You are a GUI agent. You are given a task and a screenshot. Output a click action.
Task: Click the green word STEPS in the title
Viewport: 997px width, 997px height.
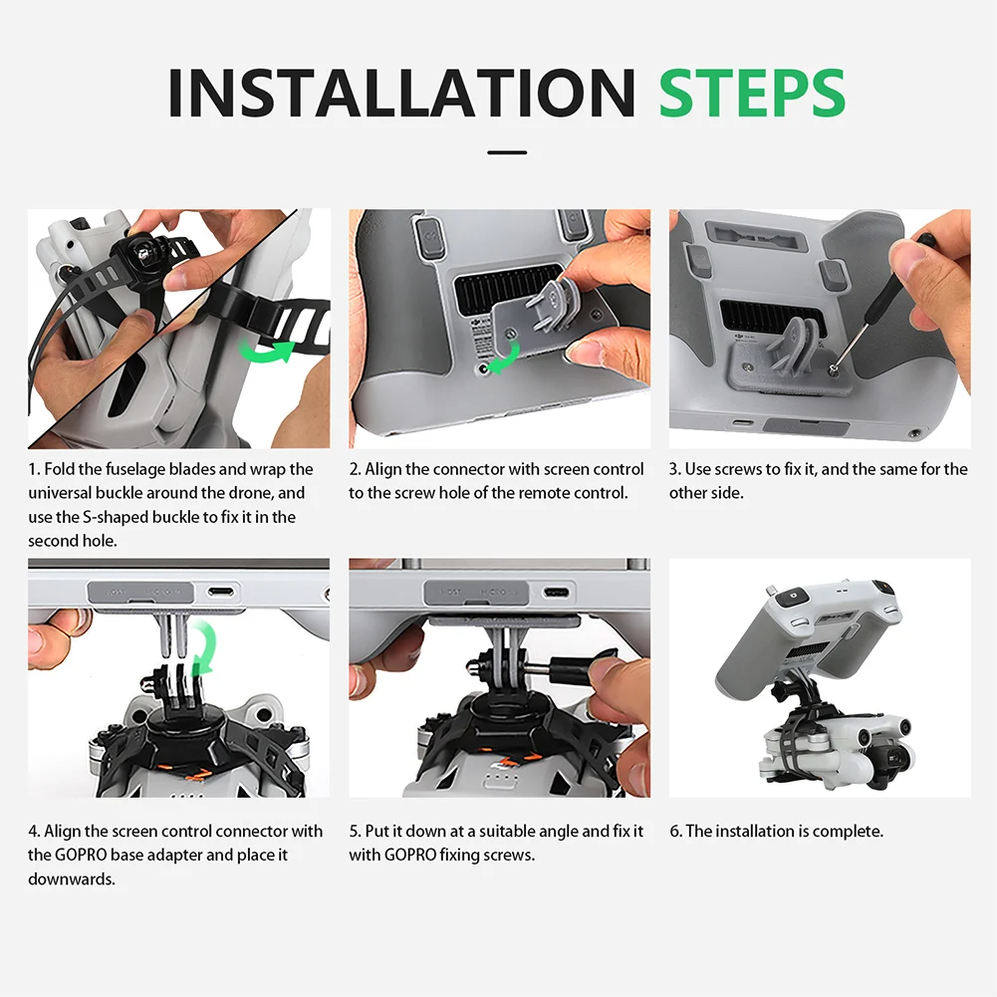pos(752,93)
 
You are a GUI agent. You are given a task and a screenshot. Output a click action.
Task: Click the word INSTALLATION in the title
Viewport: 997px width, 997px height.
pos(401,93)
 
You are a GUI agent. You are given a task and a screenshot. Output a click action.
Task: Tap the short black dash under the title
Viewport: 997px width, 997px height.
pos(507,152)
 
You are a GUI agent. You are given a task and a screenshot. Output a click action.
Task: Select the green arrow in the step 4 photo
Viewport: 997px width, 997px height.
pos(205,646)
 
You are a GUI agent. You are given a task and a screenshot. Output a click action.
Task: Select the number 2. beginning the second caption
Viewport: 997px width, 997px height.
pos(355,469)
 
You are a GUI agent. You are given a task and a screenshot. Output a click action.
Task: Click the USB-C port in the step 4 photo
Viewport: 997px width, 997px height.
pos(221,593)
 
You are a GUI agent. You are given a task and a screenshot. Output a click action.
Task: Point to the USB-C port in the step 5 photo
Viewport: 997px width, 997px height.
pos(557,593)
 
